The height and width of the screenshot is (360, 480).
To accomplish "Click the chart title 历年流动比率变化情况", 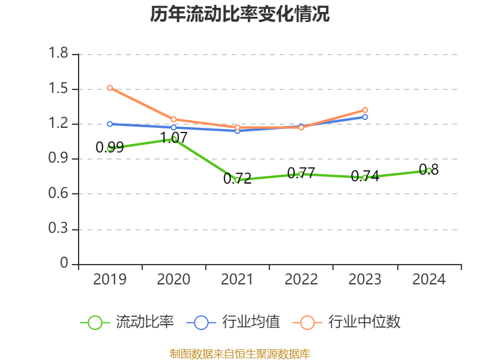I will click(x=240, y=14).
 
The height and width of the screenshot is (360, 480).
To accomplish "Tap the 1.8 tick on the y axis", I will click(x=59, y=54).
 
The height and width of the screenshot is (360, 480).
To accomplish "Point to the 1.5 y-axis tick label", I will click(x=59, y=89).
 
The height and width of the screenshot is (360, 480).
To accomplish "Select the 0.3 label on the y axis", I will click(x=59, y=229).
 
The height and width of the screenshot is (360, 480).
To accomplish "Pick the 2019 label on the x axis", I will click(x=110, y=280).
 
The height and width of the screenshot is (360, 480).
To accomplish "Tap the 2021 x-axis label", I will click(x=237, y=280).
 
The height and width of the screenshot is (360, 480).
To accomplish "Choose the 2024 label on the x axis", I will click(x=429, y=280).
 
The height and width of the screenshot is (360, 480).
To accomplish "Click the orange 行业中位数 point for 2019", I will click(x=110, y=88).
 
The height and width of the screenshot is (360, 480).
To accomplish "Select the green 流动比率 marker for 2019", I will click(x=110, y=148).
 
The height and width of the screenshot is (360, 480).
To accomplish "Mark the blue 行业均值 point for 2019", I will click(x=110, y=124).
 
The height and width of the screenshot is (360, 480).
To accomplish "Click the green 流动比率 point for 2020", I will click(x=174, y=139).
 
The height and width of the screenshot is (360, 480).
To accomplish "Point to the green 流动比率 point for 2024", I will click(x=429, y=170).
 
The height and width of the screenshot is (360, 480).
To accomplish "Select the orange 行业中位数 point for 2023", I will click(x=365, y=110).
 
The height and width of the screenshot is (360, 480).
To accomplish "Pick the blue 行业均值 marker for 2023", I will click(x=365, y=117).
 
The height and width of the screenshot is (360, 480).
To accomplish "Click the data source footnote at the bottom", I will click(x=240, y=353).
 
